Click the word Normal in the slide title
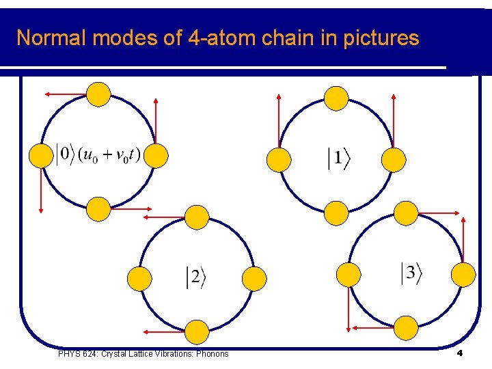51,38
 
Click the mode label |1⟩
338,159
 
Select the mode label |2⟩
195,277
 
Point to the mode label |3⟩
411,273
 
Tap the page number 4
460,353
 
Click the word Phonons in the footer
213,353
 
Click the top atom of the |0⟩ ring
98,94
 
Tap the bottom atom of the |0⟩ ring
99,208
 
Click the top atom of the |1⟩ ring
336,98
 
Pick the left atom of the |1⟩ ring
278,159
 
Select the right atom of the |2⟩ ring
254,277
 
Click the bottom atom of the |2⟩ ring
197,331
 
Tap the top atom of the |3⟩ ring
406,213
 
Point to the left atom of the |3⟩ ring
348,274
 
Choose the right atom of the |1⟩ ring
393,159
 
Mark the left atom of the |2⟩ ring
139,277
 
